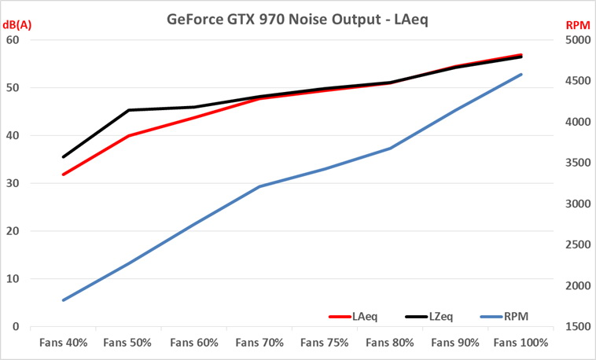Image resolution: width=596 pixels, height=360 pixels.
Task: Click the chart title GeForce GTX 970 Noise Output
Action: pos(297,18)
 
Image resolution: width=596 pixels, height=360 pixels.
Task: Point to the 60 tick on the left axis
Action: pos(14,40)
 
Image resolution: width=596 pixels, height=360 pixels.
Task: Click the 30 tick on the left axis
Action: pos(14,183)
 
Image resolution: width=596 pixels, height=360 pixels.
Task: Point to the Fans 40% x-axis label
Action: pos(63,343)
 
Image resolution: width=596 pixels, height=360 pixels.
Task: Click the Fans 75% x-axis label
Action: pos(326,343)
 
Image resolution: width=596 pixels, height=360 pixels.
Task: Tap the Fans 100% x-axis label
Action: pos(521,343)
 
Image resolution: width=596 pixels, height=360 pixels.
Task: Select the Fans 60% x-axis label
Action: pos(194,343)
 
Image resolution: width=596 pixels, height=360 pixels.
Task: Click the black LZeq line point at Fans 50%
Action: pos(129,110)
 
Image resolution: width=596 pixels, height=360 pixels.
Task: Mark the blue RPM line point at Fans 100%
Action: pos(521,75)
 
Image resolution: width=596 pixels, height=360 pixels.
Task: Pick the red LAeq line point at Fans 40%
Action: pos(64,174)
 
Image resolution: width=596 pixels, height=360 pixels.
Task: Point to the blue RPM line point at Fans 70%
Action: pos(259,186)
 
